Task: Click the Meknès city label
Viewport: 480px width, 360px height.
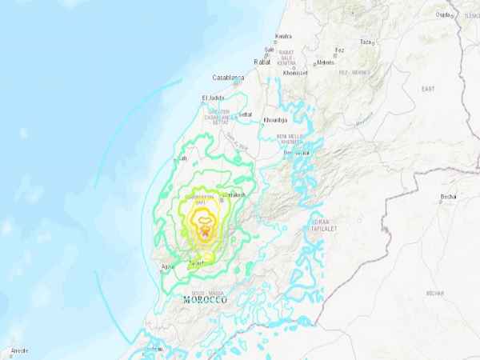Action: [325, 62]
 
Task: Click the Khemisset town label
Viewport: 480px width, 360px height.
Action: [295, 73]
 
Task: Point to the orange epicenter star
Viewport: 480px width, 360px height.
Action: [206, 231]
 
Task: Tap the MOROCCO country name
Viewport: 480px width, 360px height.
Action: [204, 300]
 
